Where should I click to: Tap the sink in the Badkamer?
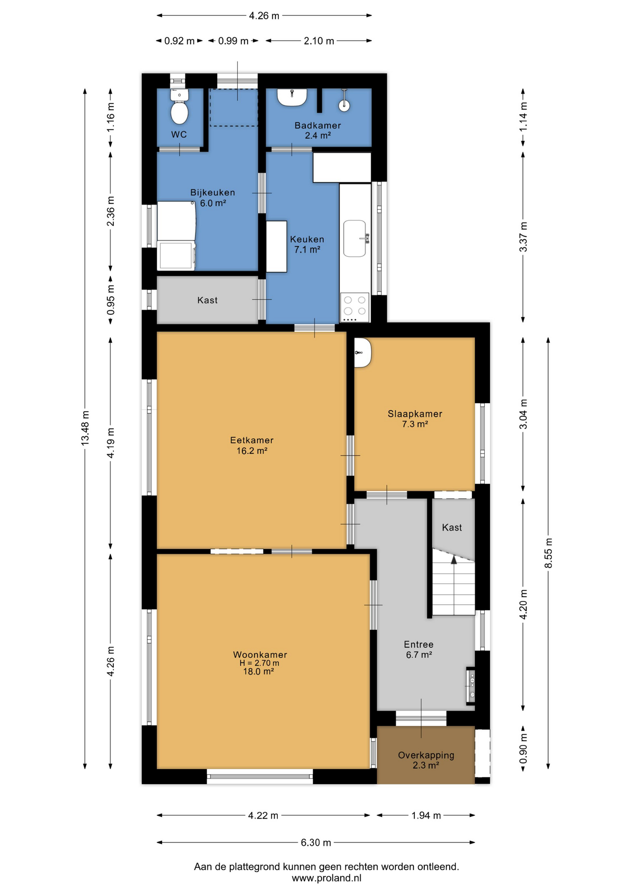point(292,97)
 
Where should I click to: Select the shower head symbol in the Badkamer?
point(344,101)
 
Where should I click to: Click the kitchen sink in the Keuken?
point(355,238)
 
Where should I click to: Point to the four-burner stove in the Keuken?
point(355,307)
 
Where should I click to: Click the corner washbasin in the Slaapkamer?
point(362,352)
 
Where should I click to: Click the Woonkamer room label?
point(260,654)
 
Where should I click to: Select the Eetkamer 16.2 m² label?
point(252,445)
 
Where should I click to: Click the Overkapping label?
point(426,755)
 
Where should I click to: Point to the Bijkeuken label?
point(213,193)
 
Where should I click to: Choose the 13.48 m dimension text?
point(85,428)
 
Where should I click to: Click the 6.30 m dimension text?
point(316,842)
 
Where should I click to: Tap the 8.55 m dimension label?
point(549,553)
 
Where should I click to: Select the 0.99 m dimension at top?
point(233,41)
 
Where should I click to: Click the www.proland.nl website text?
point(326,878)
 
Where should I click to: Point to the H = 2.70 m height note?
point(260,663)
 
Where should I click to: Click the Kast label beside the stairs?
point(452,527)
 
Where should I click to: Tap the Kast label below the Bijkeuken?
point(207,300)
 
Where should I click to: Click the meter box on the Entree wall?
point(471,686)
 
